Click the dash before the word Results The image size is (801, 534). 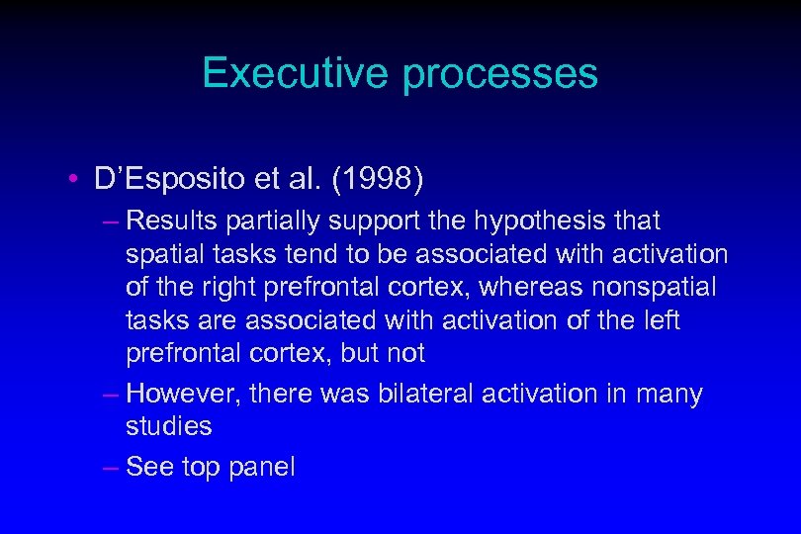coord(110,221)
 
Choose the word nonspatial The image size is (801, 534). coord(668,288)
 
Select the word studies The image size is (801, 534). coord(169,427)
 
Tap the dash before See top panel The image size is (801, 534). coord(110,467)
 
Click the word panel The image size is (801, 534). coord(262,468)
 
